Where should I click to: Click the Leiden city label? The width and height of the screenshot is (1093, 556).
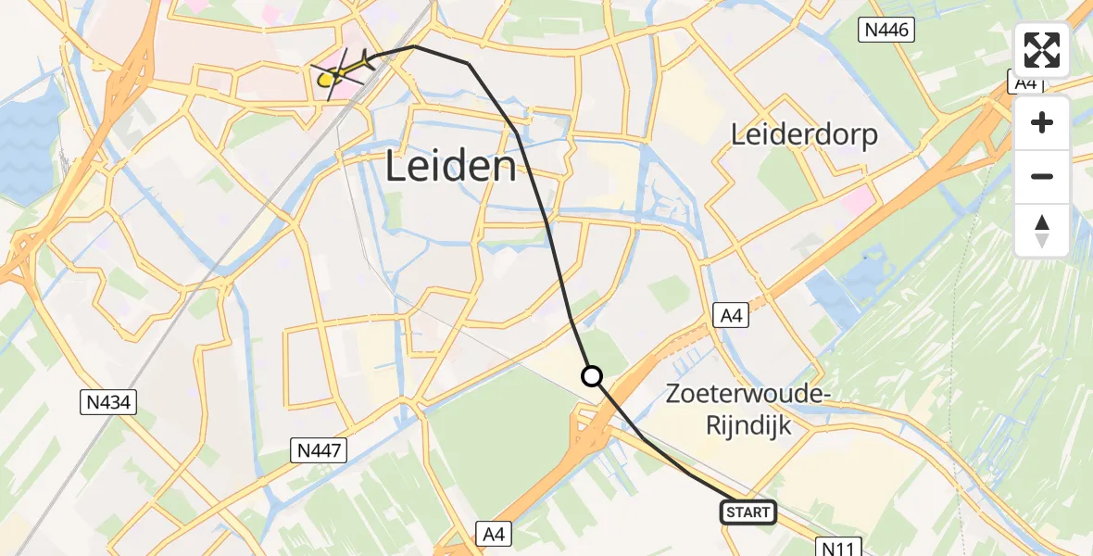(450, 168)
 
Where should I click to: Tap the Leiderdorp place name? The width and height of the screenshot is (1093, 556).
(804, 134)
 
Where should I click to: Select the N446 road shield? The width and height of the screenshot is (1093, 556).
(889, 31)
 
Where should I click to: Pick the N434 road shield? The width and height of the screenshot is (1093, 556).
(107, 402)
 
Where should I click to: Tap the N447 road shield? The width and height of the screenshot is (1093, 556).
(320, 451)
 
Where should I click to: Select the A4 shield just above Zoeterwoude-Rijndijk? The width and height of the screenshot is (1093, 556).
(732, 317)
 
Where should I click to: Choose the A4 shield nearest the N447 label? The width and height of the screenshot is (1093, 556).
(494, 533)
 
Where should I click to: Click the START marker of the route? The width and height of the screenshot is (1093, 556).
(748, 512)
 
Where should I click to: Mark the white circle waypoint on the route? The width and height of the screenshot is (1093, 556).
(591, 376)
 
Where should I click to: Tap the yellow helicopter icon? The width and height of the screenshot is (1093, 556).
(326, 80)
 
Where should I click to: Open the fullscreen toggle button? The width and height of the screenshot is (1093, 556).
(1042, 50)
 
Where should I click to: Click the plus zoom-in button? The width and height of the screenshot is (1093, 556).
(1042, 122)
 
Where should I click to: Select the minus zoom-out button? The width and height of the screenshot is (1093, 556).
(1042, 176)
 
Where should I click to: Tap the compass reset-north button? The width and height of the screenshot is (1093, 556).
(1042, 230)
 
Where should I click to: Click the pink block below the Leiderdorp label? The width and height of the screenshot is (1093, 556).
(858, 197)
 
